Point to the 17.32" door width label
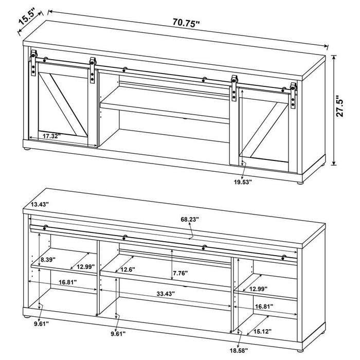point(52,136)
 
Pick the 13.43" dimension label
point(39,205)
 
